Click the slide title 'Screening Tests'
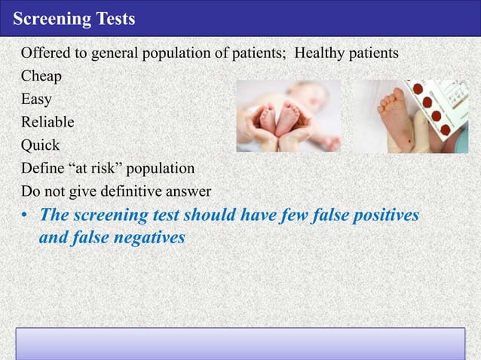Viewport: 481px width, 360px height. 73,19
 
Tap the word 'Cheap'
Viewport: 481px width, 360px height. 41,76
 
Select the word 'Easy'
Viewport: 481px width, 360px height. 37,98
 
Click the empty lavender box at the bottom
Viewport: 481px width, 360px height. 240,344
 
